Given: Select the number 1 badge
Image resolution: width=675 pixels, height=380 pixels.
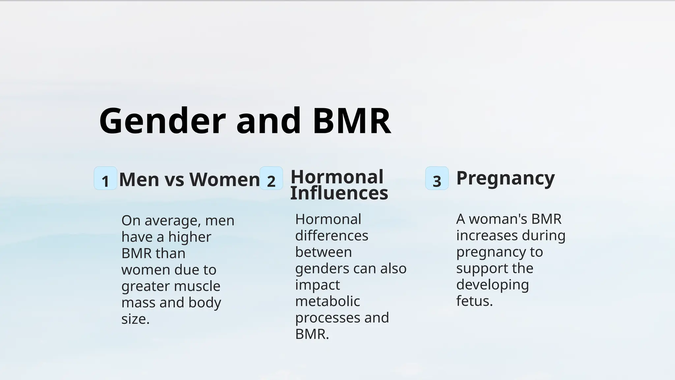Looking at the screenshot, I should coord(105,178).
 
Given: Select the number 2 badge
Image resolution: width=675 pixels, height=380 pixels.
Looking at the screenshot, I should coord(271,178).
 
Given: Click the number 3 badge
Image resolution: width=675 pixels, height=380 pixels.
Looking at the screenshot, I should coord(437,178).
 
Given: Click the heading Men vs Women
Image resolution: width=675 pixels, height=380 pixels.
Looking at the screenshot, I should coord(190,180).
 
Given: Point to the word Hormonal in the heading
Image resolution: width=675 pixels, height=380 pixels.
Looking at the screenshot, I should coord(337,177).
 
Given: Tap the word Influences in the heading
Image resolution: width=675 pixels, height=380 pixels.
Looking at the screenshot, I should coord(339,193).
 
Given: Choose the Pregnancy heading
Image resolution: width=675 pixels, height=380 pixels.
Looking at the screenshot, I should coord(505,178).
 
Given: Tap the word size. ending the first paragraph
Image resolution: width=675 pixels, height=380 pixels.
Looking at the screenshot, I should coord(135,319).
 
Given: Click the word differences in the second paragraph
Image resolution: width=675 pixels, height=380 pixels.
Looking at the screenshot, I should coord(332,236).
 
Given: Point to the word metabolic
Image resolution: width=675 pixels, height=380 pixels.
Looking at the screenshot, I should coord(327,301).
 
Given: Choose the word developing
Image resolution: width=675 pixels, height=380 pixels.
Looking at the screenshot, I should coord(492,285).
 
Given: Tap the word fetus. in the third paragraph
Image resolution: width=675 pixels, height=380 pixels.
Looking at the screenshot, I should coord(474,301).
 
